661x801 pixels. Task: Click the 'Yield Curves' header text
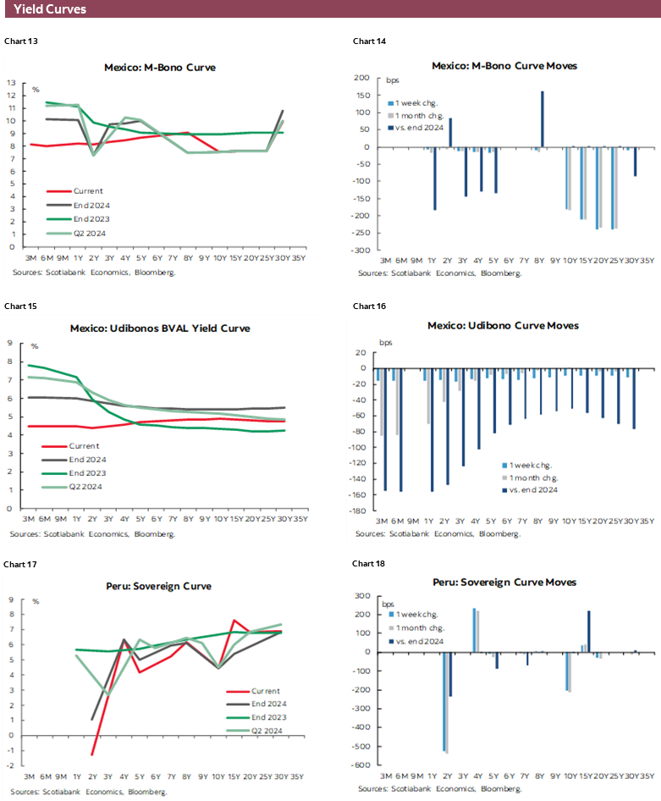coord(49,10)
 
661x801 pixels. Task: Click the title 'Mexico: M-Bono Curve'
coord(159,67)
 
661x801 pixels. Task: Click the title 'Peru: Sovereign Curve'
coord(159,586)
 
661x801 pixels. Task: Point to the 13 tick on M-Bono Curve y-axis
coord(11,83)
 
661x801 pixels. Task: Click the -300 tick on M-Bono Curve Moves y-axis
coord(360,251)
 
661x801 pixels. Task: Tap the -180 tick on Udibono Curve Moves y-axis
coord(360,511)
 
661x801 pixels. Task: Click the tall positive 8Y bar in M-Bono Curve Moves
coord(542,119)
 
